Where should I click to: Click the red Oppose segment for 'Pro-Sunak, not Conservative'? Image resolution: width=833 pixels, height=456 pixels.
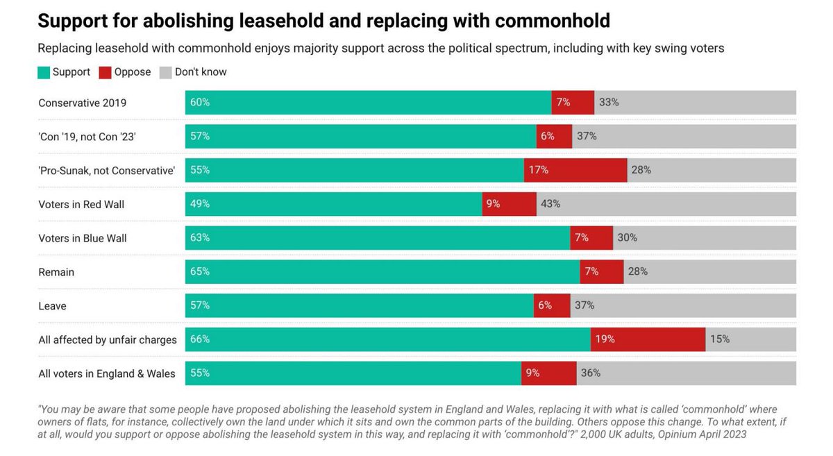point(575,170)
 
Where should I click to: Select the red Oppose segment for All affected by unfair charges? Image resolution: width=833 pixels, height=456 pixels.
point(648,339)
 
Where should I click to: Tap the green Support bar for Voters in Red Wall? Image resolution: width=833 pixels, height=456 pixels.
point(333,204)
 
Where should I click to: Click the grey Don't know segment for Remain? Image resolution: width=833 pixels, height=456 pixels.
point(709,271)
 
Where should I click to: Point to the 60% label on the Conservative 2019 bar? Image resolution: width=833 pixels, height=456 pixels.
point(201,102)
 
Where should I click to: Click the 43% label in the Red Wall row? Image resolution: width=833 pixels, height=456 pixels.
point(550,204)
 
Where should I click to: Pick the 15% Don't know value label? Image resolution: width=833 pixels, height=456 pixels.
point(720,339)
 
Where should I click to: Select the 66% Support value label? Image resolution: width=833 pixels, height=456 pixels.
point(201,339)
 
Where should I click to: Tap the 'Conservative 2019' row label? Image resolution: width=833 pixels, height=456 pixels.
point(83,103)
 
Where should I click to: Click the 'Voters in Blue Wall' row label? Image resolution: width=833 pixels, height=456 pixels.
point(83,238)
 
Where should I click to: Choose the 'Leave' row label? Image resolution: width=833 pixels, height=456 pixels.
point(52,306)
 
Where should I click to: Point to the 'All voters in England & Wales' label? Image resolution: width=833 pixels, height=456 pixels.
point(107,373)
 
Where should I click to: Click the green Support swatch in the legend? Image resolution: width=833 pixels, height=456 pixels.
point(44,72)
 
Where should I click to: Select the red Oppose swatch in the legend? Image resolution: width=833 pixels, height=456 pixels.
point(105,72)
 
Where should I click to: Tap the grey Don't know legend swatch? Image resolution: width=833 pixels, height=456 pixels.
point(166,72)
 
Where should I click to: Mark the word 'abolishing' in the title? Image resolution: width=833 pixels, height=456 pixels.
point(182,21)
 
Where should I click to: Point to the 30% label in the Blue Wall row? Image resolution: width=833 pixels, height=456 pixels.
point(627,238)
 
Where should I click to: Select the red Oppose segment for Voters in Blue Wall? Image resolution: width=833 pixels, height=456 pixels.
point(591,238)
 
